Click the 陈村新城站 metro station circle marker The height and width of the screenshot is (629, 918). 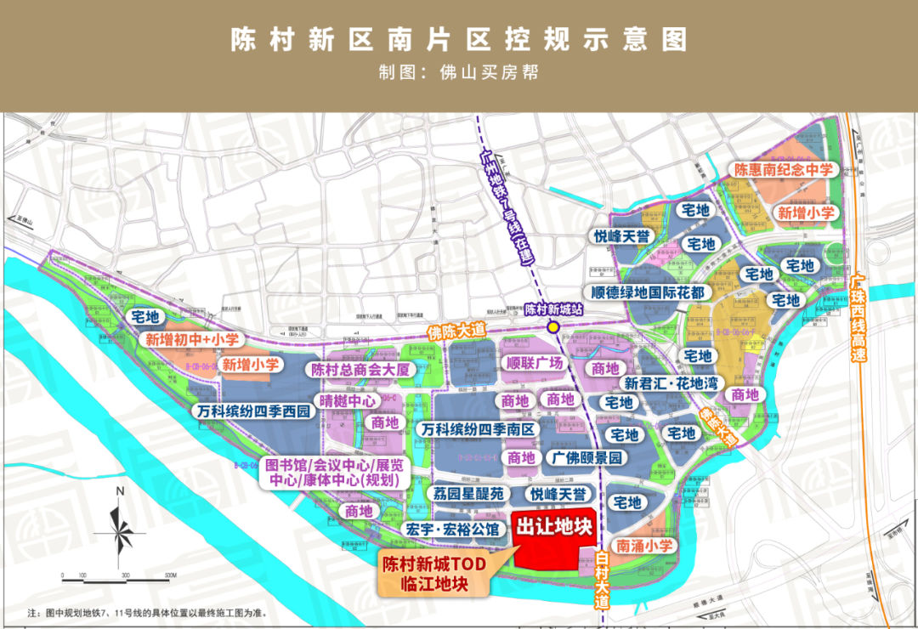(x=553, y=326)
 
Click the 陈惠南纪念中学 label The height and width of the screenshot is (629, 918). (x=785, y=170)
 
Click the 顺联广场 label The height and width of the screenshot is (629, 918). (x=535, y=364)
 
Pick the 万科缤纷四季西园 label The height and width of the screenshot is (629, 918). (x=251, y=412)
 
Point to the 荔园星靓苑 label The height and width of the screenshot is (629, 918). (x=468, y=494)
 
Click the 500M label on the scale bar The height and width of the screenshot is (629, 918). (x=170, y=575)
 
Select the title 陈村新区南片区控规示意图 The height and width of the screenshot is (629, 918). (x=458, y=40)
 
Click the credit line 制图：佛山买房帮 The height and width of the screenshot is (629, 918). (x=458, y=72)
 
